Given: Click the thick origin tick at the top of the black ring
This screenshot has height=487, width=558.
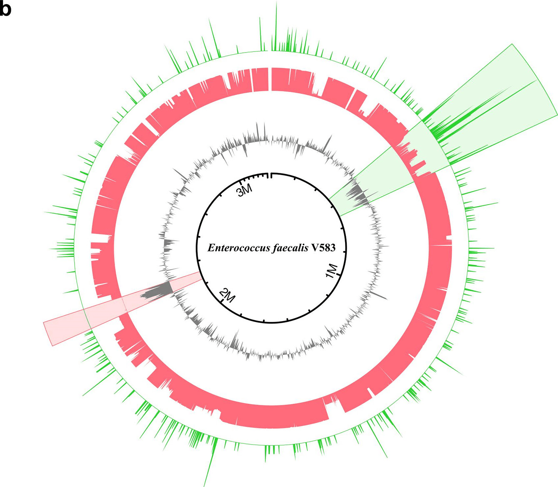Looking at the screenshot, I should pos(271,175).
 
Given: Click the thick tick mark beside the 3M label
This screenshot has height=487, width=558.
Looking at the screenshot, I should pos(241,181).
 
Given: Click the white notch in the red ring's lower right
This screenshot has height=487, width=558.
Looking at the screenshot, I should pos(370,392).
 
